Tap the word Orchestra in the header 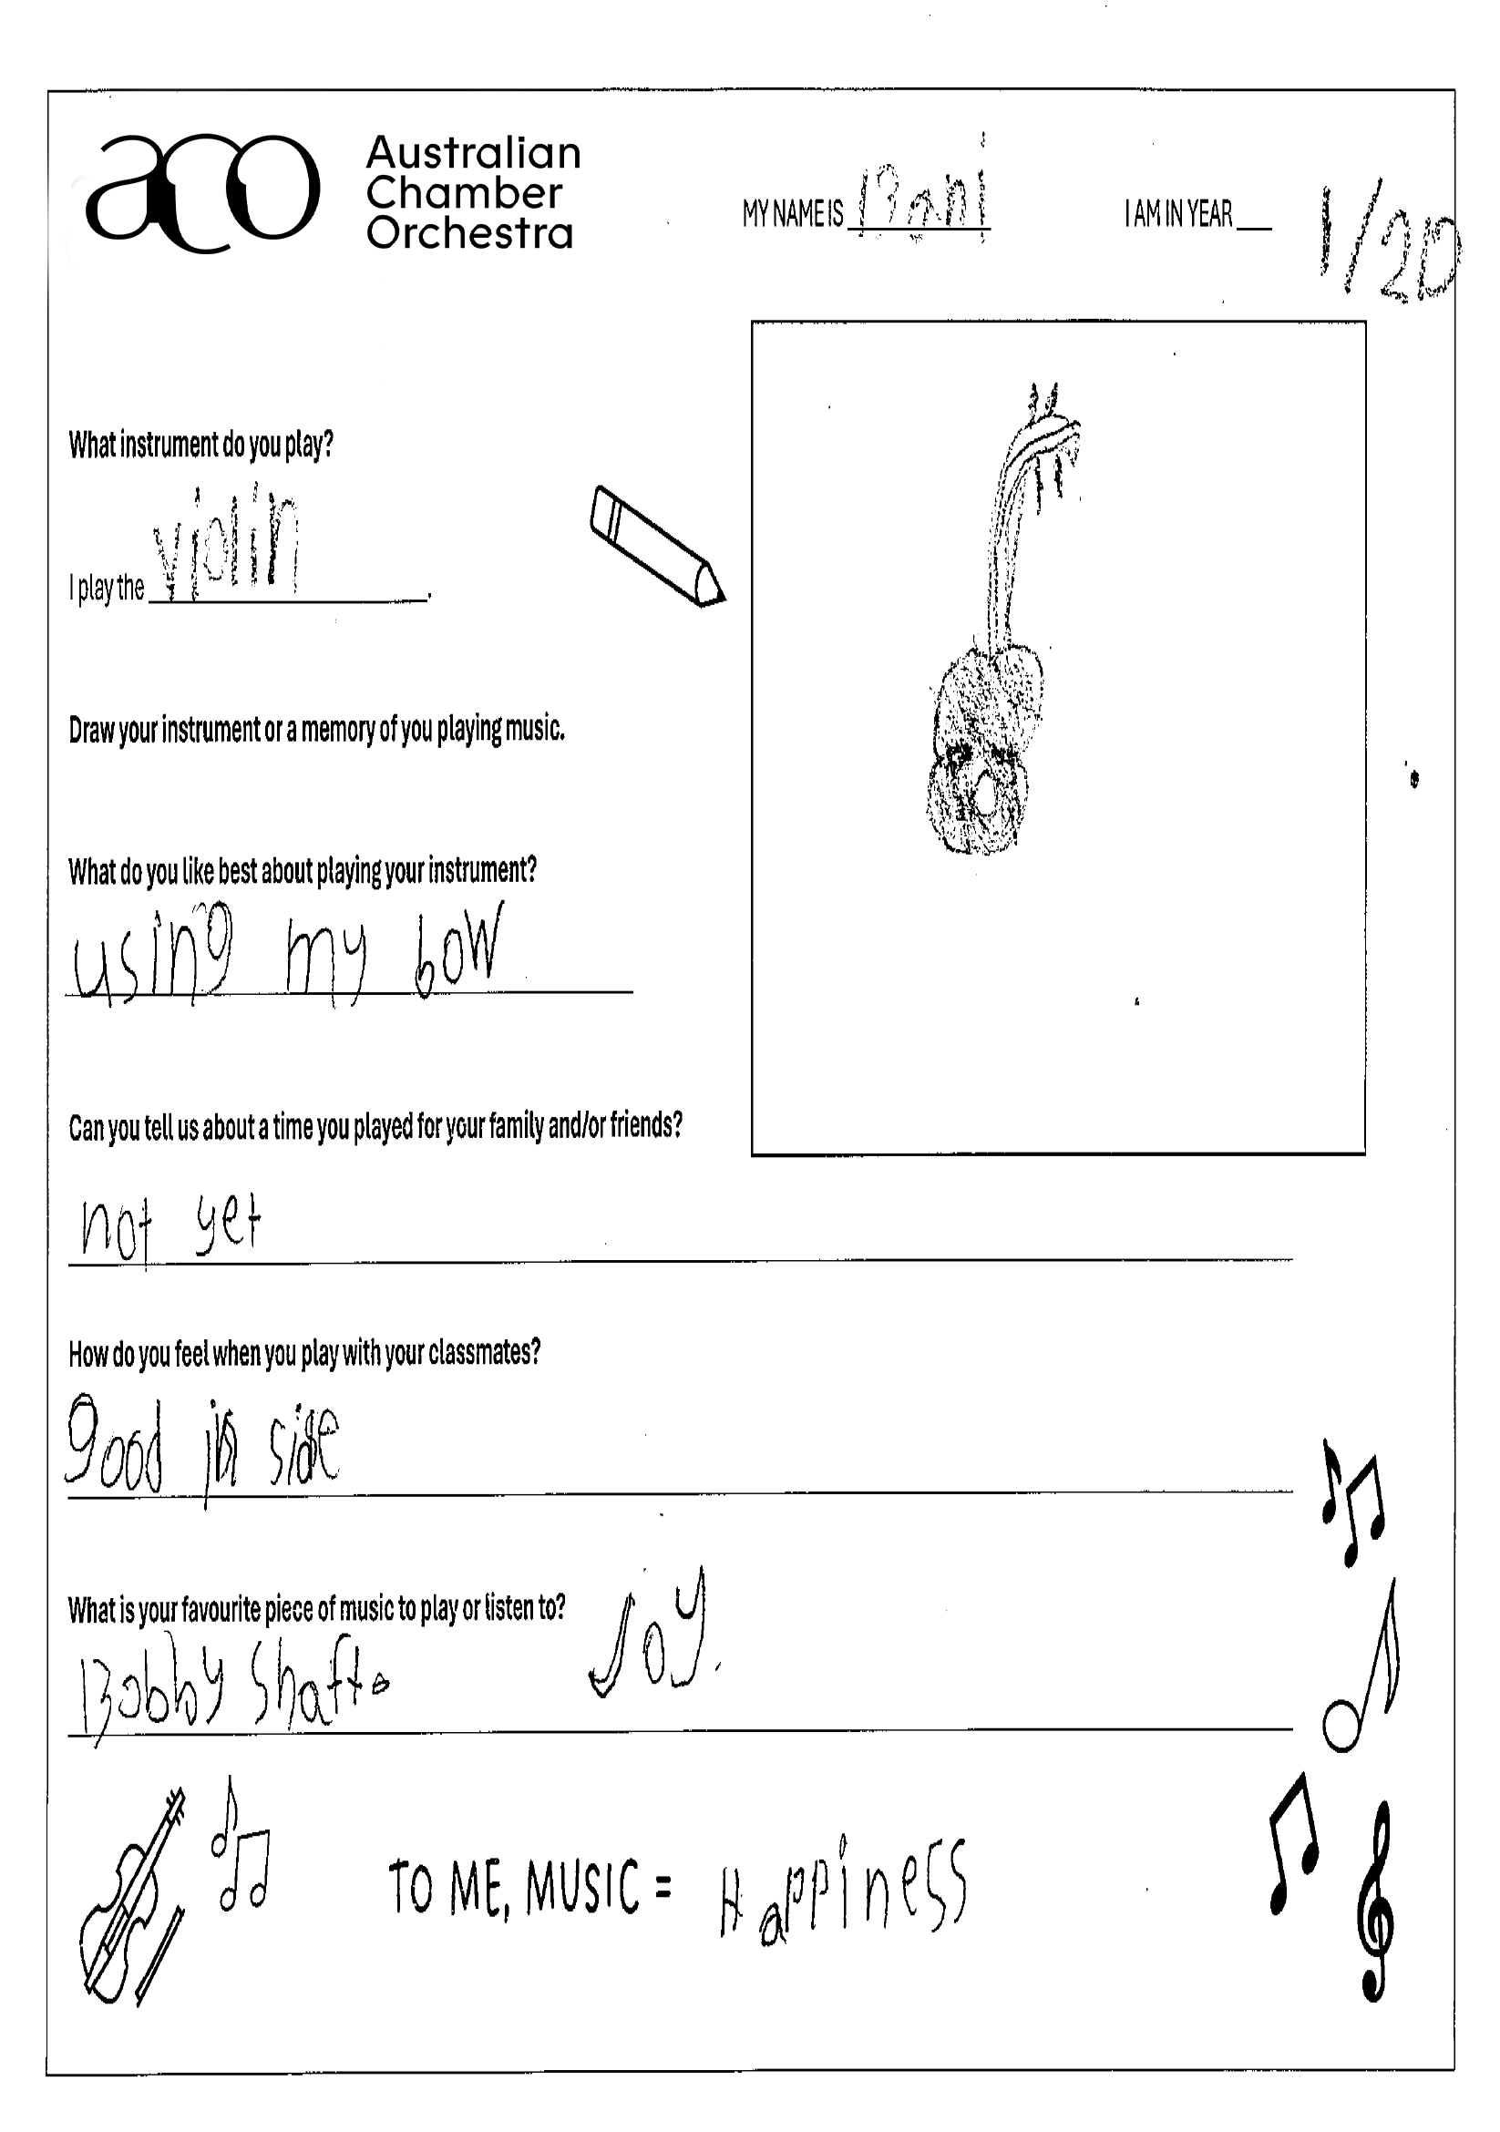469,233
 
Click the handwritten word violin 228,548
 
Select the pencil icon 657,547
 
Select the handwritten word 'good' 115,1444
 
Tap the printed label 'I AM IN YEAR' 1177,215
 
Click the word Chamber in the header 464,193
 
